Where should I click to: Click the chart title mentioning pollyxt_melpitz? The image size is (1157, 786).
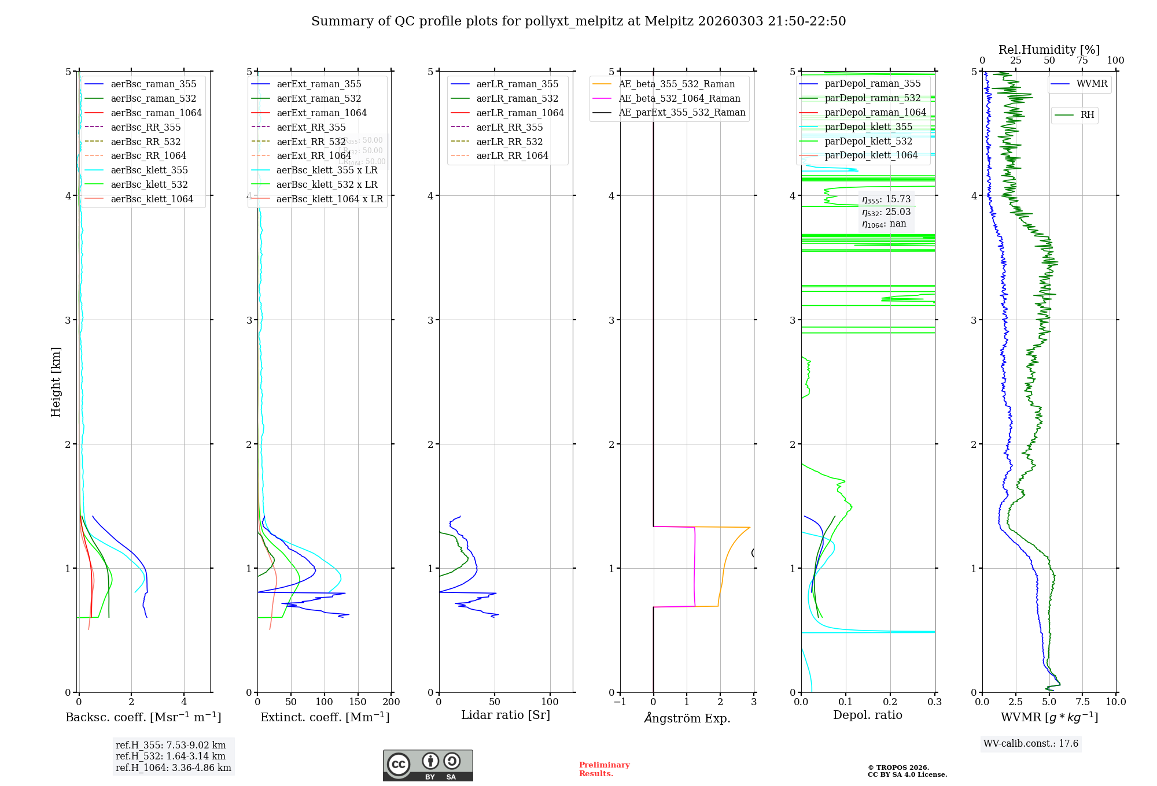click(578, 21)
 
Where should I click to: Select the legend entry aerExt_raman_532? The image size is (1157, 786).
click(319, 98)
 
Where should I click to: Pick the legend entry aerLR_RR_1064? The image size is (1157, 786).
click(512, 155)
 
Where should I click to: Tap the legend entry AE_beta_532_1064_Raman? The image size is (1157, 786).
click(679, 98)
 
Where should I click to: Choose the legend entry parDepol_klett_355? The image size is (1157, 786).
click(868, 127)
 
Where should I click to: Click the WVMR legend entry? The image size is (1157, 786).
click(1092, 84)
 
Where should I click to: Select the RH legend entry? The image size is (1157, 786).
click(1087, 115)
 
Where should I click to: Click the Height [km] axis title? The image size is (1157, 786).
click(56, 381)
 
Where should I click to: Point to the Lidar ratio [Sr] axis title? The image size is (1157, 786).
click(506, 715)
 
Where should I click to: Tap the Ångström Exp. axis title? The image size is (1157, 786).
click(687, 718)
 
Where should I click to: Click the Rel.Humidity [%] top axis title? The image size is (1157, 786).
click(1049, 50)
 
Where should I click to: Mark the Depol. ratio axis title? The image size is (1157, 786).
click(867, 715)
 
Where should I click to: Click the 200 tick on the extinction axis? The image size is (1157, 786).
click(391, 702)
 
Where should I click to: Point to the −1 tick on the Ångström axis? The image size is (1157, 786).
click(620, 702)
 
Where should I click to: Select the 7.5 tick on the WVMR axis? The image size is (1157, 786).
click(1082, 702)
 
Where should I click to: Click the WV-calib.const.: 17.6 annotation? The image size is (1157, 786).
click(1031, 743)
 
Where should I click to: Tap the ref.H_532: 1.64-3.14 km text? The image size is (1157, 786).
click(171, 756)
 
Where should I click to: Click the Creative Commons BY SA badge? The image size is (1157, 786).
click(428, 765)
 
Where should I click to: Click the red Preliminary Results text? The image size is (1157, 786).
click(604, 769)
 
